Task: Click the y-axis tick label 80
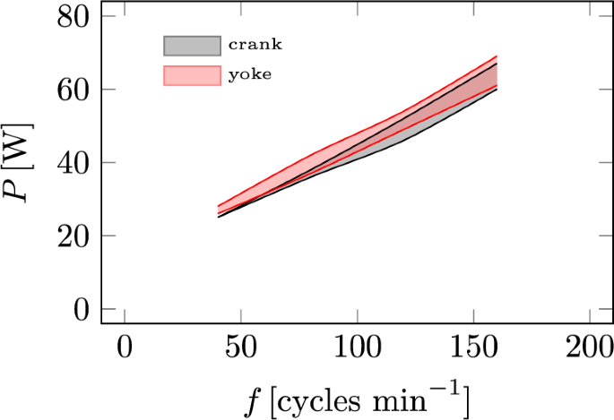pos(74,16)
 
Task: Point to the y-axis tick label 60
pos(74,90)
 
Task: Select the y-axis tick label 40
pos(74,163)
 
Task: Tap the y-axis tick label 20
pos(74,236)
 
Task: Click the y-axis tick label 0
pos(82,310)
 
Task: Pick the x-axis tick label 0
pos(124,345)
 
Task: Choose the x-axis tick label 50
pos(240,345)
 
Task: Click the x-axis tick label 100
pos(357,345)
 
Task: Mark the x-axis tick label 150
pos(473,345)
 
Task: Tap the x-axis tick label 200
pos(590,345)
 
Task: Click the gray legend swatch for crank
pos(191,45)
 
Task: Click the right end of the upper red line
pos(497,56)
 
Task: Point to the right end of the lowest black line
pos(497,89)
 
